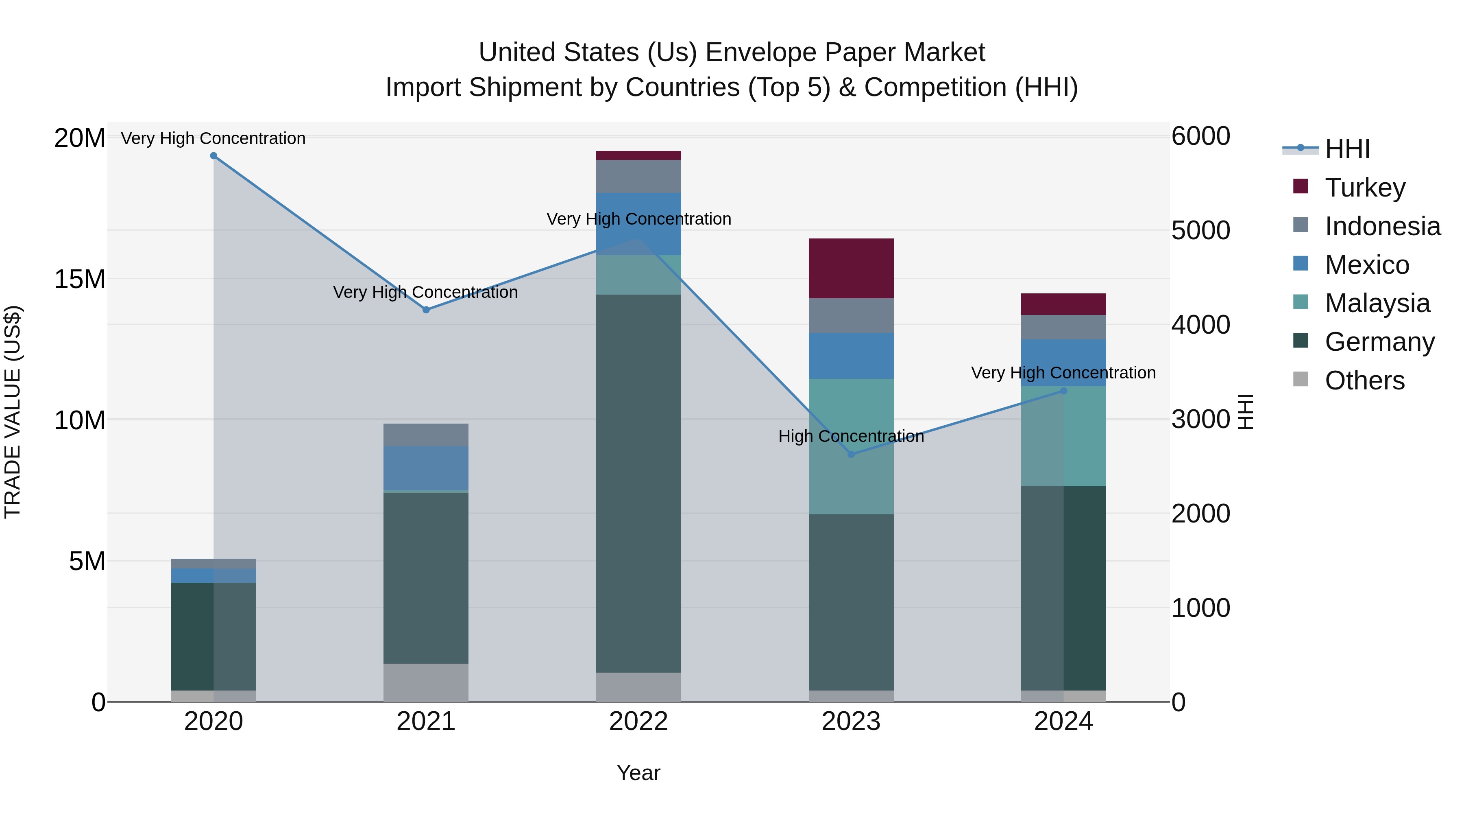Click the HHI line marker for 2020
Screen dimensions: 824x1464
pos(213,156)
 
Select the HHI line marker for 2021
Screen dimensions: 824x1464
pos(426,310)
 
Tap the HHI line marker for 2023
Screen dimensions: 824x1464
pos(851,455)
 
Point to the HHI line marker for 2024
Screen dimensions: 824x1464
pos(1063,391)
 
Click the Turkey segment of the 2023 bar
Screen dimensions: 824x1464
pos(851,269)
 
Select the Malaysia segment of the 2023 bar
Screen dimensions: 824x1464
pos(851,446)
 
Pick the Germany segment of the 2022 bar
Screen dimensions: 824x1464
pos(638,483)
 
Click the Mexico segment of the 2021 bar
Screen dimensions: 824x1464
pos(426,468)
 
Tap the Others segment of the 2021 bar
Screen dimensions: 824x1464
pos(426,682)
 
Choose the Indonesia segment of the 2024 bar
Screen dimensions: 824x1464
pos(1063,327)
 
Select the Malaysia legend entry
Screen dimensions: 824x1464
pos(1377,303)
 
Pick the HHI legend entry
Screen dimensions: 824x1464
pos(1346,149)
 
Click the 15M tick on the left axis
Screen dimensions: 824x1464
pos(80,279)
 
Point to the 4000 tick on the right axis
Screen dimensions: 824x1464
pos(1200,325)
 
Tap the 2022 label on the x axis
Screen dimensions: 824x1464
pos(638,721)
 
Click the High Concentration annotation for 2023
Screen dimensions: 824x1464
pos(851,436)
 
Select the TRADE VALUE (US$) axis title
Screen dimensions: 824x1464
pos(13,412)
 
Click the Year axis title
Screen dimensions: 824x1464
pos(638,773)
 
